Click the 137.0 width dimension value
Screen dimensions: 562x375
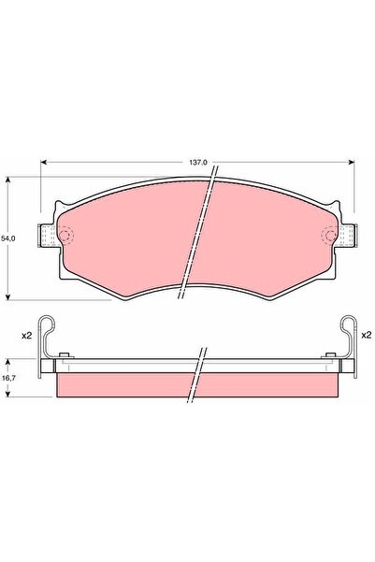(x=198, y=162)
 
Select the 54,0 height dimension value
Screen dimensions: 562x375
(x=9, y=238)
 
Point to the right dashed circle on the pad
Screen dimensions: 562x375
(x=329, y=236)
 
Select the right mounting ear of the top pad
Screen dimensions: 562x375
(x=347, y=238)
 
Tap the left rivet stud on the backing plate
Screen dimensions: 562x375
(x=63, y=353)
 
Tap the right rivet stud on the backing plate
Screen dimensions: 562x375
(x=331, y=353)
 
